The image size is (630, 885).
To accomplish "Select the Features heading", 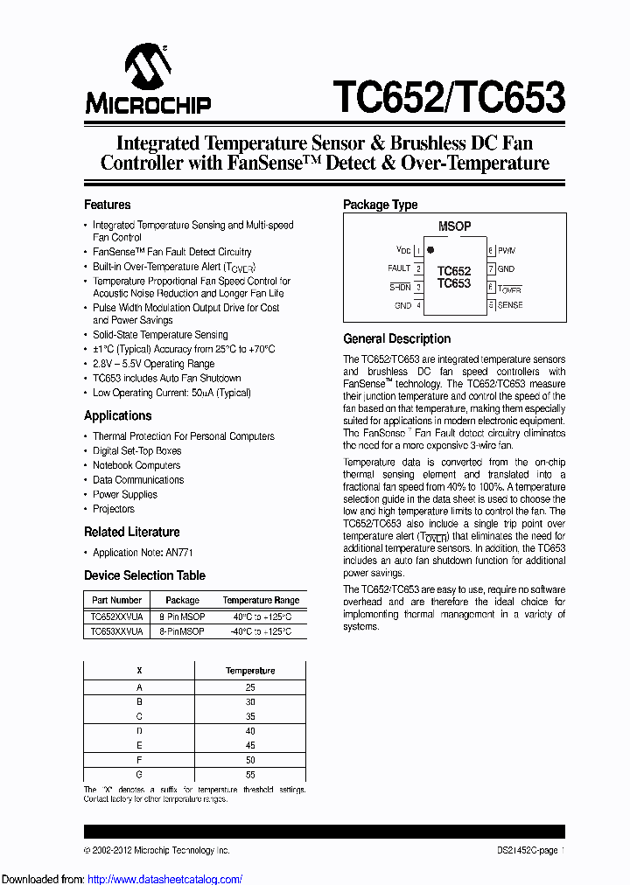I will click(x=107, y=205).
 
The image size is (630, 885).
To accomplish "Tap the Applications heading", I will click(x=117, y=415).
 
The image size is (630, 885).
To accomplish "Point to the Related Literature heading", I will click(x=131, y=532).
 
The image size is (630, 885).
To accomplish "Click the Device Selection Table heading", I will click(x=144, y=575).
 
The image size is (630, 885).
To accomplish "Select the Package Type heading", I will click(x=380, y=205).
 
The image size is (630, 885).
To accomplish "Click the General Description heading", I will click(x=396, y=338).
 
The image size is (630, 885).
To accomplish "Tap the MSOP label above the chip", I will click(x=454, y=226).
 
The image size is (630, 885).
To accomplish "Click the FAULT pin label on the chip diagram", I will click(x=399, y=268).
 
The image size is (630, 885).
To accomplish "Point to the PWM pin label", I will click(x=507, y=250).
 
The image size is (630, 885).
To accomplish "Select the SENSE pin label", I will click(x=510, y=305).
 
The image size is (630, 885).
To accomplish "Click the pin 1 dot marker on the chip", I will click(x=430, y=250).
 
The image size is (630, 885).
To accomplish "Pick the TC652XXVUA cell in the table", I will click(x=116, y=617).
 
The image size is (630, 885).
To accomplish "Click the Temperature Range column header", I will click(x=261, y=600).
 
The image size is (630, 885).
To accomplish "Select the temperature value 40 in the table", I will click(x=250, y=730).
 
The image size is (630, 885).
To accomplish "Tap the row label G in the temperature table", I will click(x=139, y=775).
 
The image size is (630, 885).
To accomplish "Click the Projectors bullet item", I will click(x=114, y=509).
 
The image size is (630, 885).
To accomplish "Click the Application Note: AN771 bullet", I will click(x=143, y=553).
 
